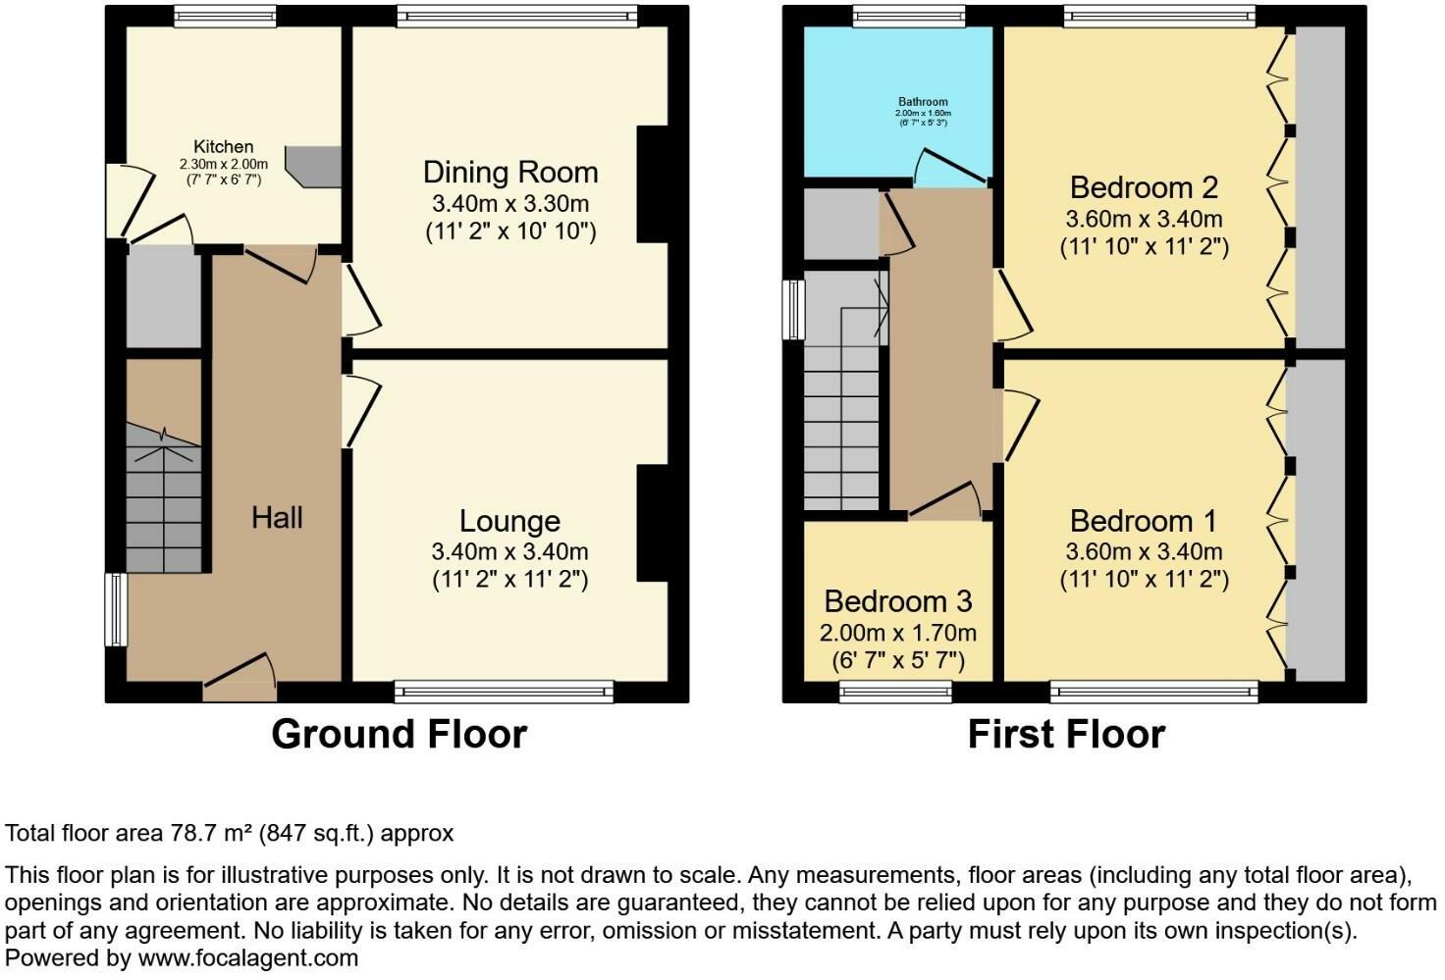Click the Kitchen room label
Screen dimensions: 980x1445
pyautogui.click(x=223, y=147)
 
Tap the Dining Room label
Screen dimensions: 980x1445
pyautogui.click(x=509, y=173)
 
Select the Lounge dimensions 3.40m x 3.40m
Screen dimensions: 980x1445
pyautogui.click(x=509, y=552)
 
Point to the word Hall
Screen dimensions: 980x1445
pyautogui.click(x=277, y=518)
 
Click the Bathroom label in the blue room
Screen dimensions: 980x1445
pyautogui.click(x=923, y=102)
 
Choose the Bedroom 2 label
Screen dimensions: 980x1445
pyautogui.click(x=1144, y=186)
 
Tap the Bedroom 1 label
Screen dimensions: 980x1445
pyautogui.click(x=1144, y=520)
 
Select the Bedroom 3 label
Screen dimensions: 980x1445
pyautogui.click(x=898, y=600)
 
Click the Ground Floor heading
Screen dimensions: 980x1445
pyautogui.click(x=399, y=734)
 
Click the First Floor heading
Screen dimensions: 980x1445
pyautogui.click(x=1066, y=734)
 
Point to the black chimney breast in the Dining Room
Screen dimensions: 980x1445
pyautogui.click(x=653, y=184)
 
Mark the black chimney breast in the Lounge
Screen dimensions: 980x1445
pyautogui.click(x=653, y=523)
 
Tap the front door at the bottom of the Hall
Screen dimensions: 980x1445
pyautogui.click(x=240, y=679)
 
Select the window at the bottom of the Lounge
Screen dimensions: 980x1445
pyautogui.click(x=504, y=693)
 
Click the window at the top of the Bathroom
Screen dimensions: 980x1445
pyautogui.click(x=908, y=16)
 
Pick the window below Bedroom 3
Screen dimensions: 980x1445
pyautogui.click(x=895, y=693)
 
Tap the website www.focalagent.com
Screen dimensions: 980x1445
pyautogui.click(x=248, y=957)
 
